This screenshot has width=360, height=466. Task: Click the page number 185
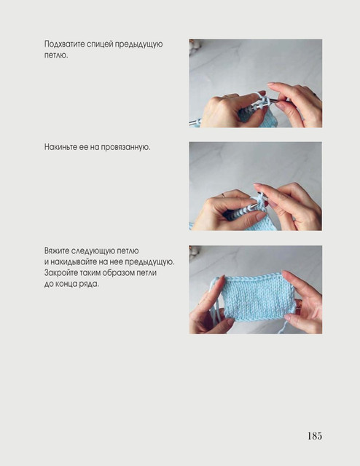coord(315,435)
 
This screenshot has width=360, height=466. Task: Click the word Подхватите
coord(65,44)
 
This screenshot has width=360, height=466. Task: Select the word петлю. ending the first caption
coord(56,55)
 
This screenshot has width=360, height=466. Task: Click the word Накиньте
coord(60,147)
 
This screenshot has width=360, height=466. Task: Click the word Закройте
coord(62,272)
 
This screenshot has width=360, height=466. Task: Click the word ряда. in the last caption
coord(89,284)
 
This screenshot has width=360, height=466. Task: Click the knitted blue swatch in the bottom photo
coord(257,298)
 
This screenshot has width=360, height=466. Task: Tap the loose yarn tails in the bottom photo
coord(215,300)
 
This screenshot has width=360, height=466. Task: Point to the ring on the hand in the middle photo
coord(223,195)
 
